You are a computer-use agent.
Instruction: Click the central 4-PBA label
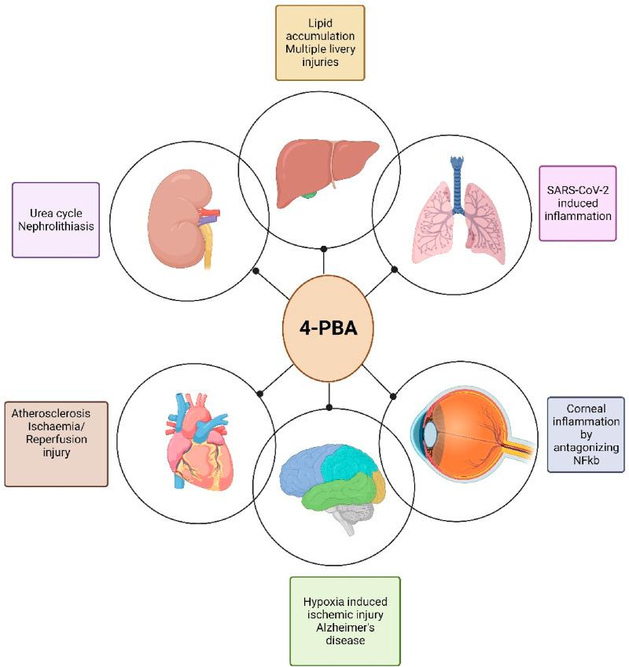pyautogui.click(x=328, y=328)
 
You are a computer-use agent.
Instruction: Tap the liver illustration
pyautogui.click(x=327, y=174)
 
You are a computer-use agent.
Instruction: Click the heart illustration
pyautogui.click(x=199, y=442)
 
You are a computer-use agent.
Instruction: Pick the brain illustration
pyautogui.click(x=333, y=489)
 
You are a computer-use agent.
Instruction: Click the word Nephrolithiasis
pyautogui.click(x=56, y=226)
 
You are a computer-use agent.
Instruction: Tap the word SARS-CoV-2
pyautogui.click(x=578, y=190)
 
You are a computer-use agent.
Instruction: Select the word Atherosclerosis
pyautogui.click(x=51, y=413)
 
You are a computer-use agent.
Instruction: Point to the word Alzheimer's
pyautogui.click(x=345, y=628)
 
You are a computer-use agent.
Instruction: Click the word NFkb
pyautogui.click(x=586, y=460)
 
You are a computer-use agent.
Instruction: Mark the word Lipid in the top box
pyautogui.click(x=320, y=24)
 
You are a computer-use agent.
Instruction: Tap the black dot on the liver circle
pyautogui.click(x=324, y=248)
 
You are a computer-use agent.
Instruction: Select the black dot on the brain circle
pyautogui.click(x=329, y=408)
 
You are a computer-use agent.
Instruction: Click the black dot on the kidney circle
pyautogui.click(x=256, y=270)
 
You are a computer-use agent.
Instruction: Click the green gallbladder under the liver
pyautogui.click(x=310, y=195)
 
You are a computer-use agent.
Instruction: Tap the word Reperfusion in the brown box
pyautogui.click(x=56, y=439)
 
